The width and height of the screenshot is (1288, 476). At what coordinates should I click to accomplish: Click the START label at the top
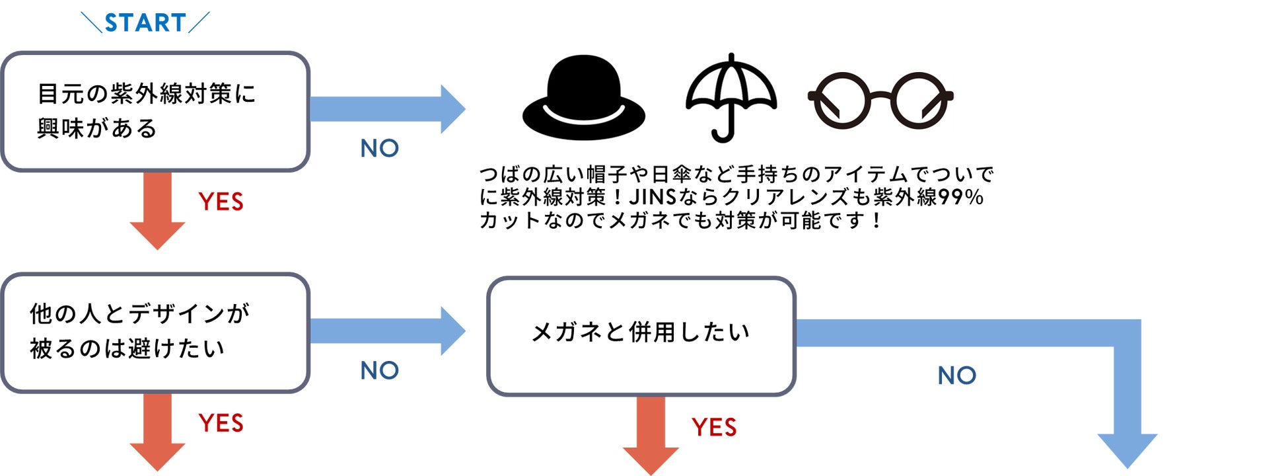145,23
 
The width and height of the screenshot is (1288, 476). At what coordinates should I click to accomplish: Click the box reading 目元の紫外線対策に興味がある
155,111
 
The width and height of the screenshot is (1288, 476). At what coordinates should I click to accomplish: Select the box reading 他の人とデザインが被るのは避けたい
155,333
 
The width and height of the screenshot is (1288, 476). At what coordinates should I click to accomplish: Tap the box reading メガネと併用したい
641,336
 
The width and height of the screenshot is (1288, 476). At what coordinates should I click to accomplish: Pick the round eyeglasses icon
880,100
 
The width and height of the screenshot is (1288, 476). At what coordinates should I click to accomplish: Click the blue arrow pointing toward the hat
386,109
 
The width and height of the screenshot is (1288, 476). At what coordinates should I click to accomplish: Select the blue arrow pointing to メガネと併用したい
386,331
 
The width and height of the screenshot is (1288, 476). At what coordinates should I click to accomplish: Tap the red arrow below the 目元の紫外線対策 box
157,209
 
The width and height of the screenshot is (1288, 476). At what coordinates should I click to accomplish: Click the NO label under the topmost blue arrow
380,149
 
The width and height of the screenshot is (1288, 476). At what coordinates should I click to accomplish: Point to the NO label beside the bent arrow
956,376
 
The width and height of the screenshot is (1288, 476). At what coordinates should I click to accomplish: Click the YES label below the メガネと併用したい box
714,428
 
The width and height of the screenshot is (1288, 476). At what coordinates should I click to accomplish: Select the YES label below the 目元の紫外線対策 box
221,202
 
